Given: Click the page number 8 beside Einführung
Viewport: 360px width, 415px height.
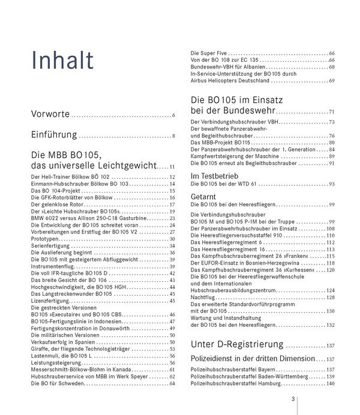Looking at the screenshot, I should click(173, 137).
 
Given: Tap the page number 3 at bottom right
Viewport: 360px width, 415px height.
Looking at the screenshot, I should click(292, 401).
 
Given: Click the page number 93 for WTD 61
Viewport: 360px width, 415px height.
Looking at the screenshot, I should click(331, 184).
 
